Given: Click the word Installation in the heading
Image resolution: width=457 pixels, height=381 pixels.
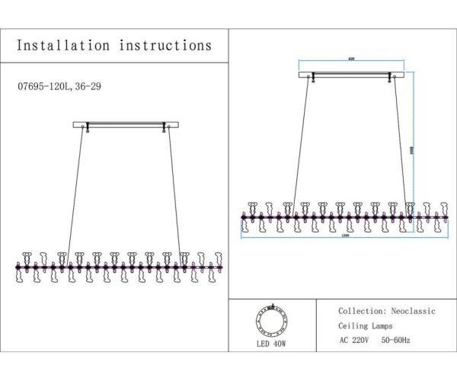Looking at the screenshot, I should pyautogui.click(x=63, y=46).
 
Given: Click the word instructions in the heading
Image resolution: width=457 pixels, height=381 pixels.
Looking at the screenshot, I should pyautogui.click(x=165, y=46).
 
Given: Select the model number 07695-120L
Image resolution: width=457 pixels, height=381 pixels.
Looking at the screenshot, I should pyautogui.click(x=43, y=87).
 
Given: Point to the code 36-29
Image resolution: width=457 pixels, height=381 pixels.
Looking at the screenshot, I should pyautogui.click(x=88, y=87).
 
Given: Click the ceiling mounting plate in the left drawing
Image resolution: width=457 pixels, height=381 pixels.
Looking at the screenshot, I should pyautogui.click(x=126, y=124).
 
